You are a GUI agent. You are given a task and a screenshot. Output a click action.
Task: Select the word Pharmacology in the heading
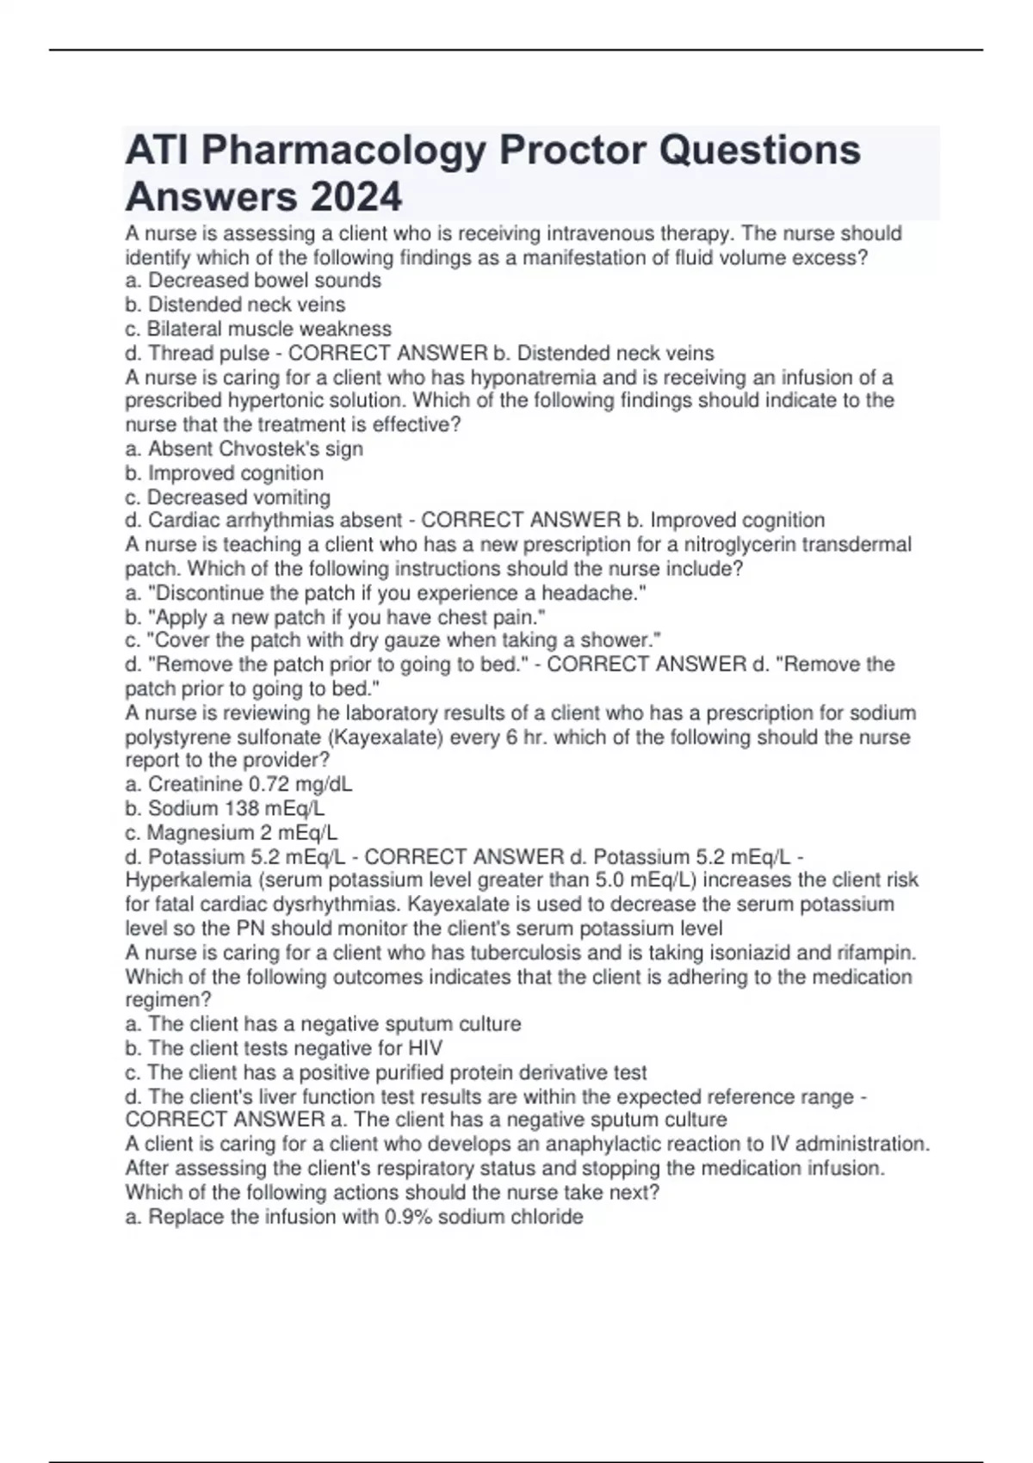(343, 150)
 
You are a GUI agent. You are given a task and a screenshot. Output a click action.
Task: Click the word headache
(597, 593)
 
